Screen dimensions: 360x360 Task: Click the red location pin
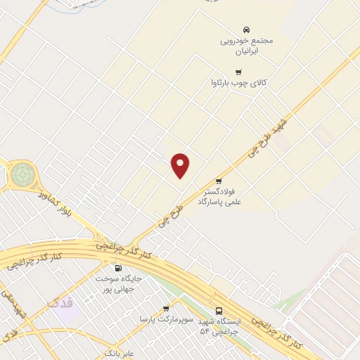coord(181,165)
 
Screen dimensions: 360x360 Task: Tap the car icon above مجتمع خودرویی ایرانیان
coord(246,30)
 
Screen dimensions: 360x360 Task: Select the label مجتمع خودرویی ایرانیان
coord(246,46)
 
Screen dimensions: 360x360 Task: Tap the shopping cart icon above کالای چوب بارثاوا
coord(238,72)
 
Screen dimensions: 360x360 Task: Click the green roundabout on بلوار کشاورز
coord(22,172)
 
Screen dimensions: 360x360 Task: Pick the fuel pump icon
coord(117,268)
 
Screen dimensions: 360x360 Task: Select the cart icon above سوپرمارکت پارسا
coord(166,309)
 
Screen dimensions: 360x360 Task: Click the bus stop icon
coord(219,311)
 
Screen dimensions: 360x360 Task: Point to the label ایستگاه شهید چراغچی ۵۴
coord(219,326)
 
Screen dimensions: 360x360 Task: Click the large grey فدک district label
coord(60,303)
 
